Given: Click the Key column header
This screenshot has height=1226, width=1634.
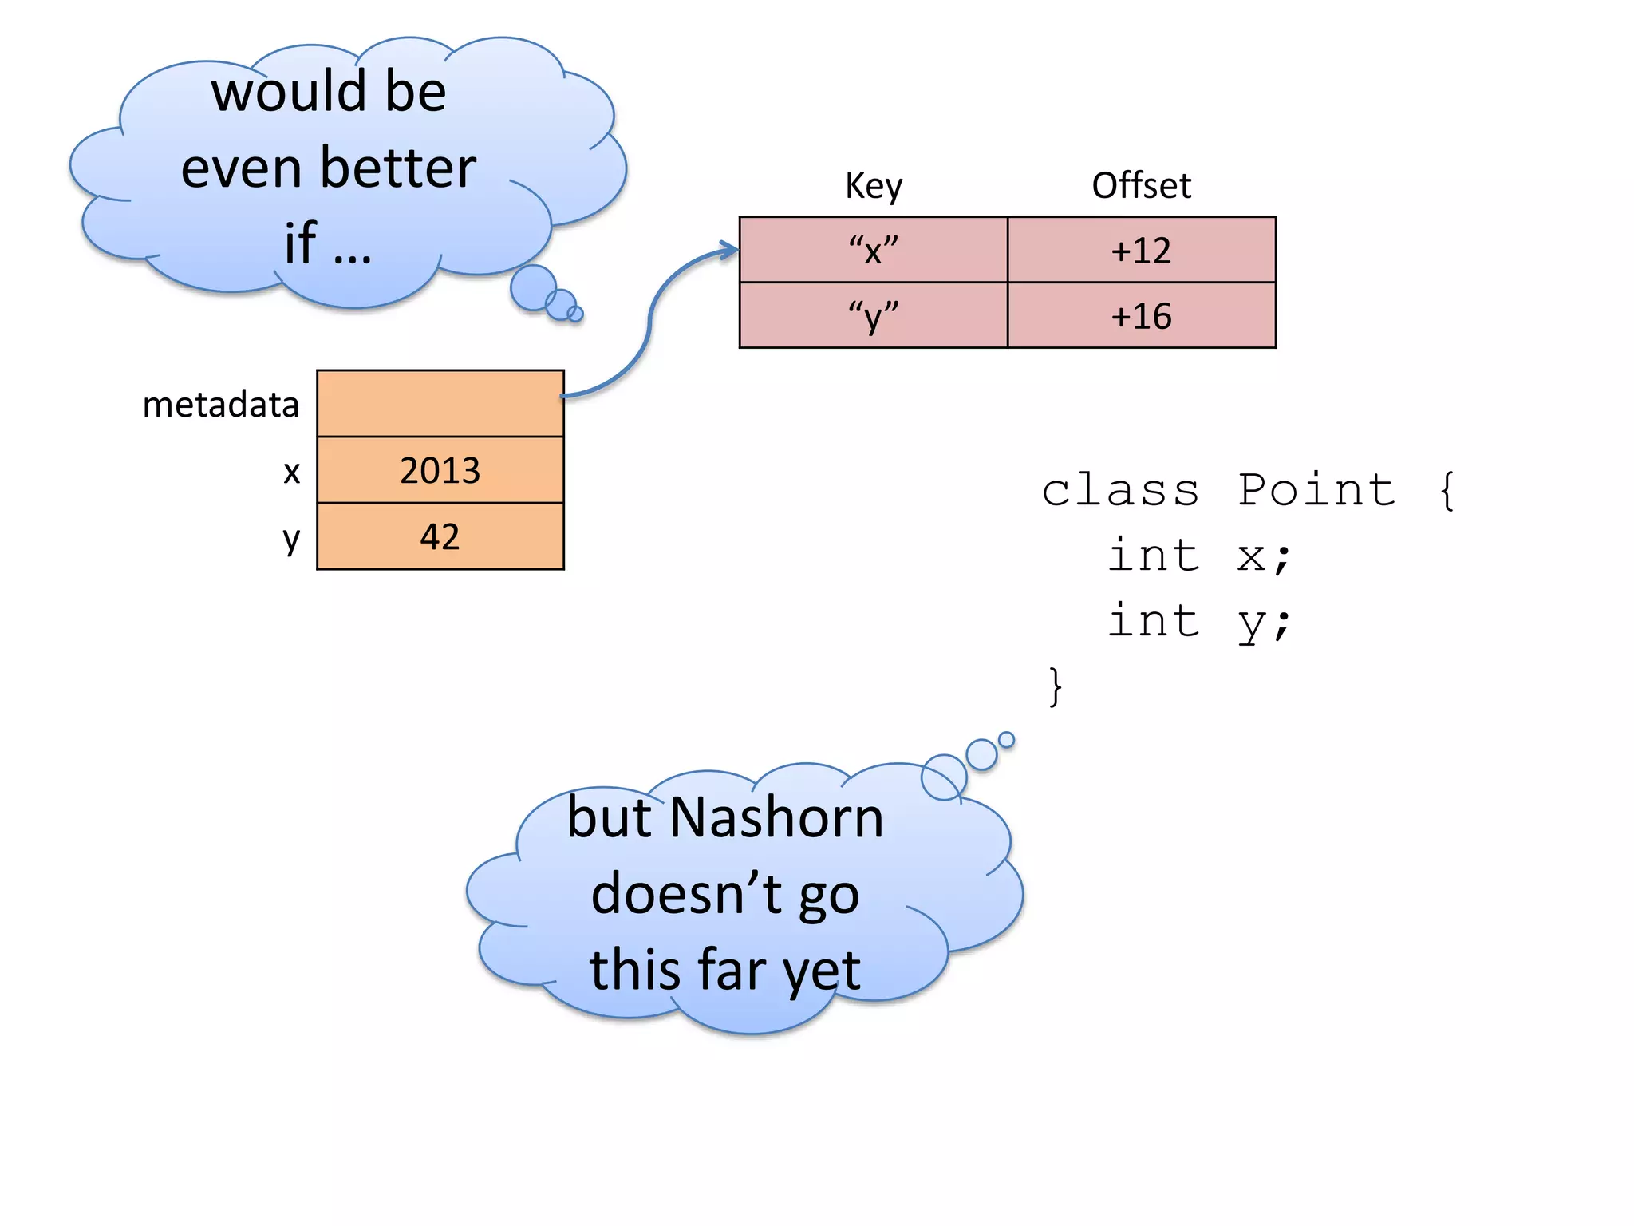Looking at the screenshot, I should pos(873,186).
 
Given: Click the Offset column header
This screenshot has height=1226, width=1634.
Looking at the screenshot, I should pos(1141,186).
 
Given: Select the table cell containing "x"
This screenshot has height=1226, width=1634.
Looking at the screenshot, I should pos(873,250).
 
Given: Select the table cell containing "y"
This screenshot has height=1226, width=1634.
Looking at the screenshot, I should pos(873,315).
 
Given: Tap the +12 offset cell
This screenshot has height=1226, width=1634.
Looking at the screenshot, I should pos(1141,250).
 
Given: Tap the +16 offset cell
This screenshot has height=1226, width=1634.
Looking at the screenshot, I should pos(1141,315).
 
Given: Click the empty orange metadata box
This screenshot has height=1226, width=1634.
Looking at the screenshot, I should pos(440,403).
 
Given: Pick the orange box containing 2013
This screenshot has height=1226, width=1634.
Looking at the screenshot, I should pos(440,469).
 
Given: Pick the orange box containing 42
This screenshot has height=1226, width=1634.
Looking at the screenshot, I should pos(440,536).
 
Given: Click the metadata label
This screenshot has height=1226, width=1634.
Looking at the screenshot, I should pos(220,405).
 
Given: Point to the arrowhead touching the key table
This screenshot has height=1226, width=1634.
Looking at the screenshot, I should pos(729,250).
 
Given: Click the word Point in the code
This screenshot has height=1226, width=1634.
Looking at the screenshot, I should pos(1316,489).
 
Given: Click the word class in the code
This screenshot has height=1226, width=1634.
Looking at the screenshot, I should pos(1120,489).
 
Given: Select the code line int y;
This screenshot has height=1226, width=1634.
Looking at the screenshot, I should pos(1198,621).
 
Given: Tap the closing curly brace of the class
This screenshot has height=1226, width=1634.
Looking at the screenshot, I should pos(1055,686).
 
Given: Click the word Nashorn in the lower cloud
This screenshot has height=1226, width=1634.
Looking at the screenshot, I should pos(776,818).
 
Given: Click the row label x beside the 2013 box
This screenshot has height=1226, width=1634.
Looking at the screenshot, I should pos(292,471).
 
